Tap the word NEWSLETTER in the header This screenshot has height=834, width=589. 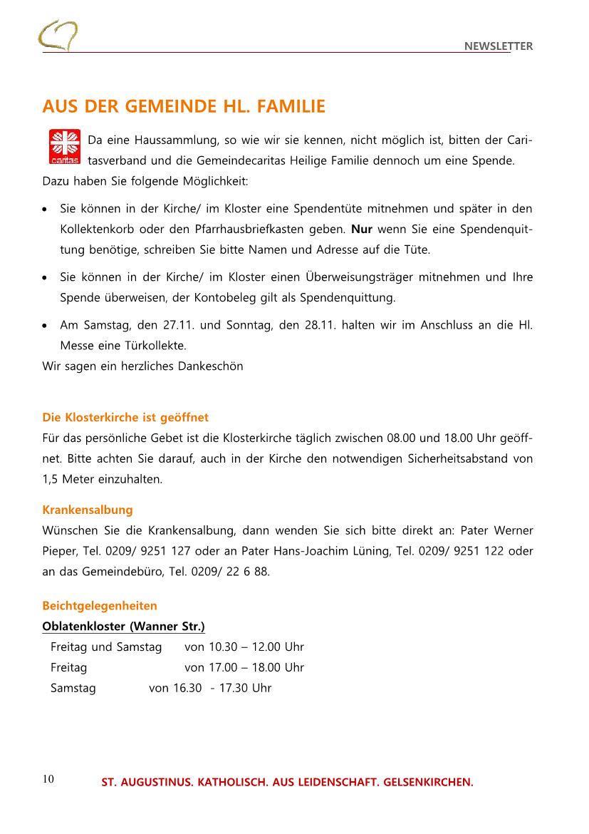498,46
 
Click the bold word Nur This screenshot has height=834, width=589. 363,230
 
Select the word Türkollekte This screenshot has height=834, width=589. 135,346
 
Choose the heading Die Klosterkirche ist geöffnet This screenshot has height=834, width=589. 125,417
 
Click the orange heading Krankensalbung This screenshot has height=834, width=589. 88,510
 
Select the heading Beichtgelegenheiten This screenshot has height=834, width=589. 100,606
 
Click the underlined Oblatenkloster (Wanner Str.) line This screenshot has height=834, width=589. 124,627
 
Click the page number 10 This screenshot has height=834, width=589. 48,778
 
